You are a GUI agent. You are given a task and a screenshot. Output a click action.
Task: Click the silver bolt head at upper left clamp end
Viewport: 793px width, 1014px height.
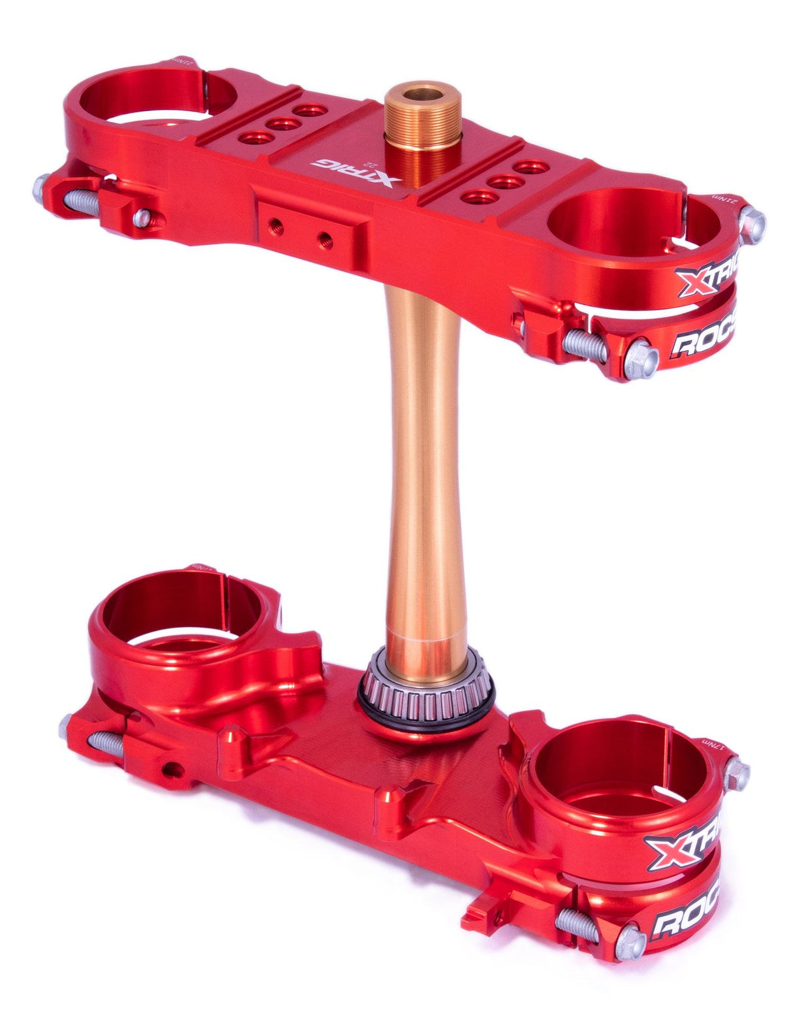(43, 188)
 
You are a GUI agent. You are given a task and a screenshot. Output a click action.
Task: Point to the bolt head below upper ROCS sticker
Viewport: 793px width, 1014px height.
(639, 361)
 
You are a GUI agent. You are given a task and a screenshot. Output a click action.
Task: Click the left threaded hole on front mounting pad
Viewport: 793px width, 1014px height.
(274, 224)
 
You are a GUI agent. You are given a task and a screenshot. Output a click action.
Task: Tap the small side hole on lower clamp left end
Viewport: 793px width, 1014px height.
(170, 768)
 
